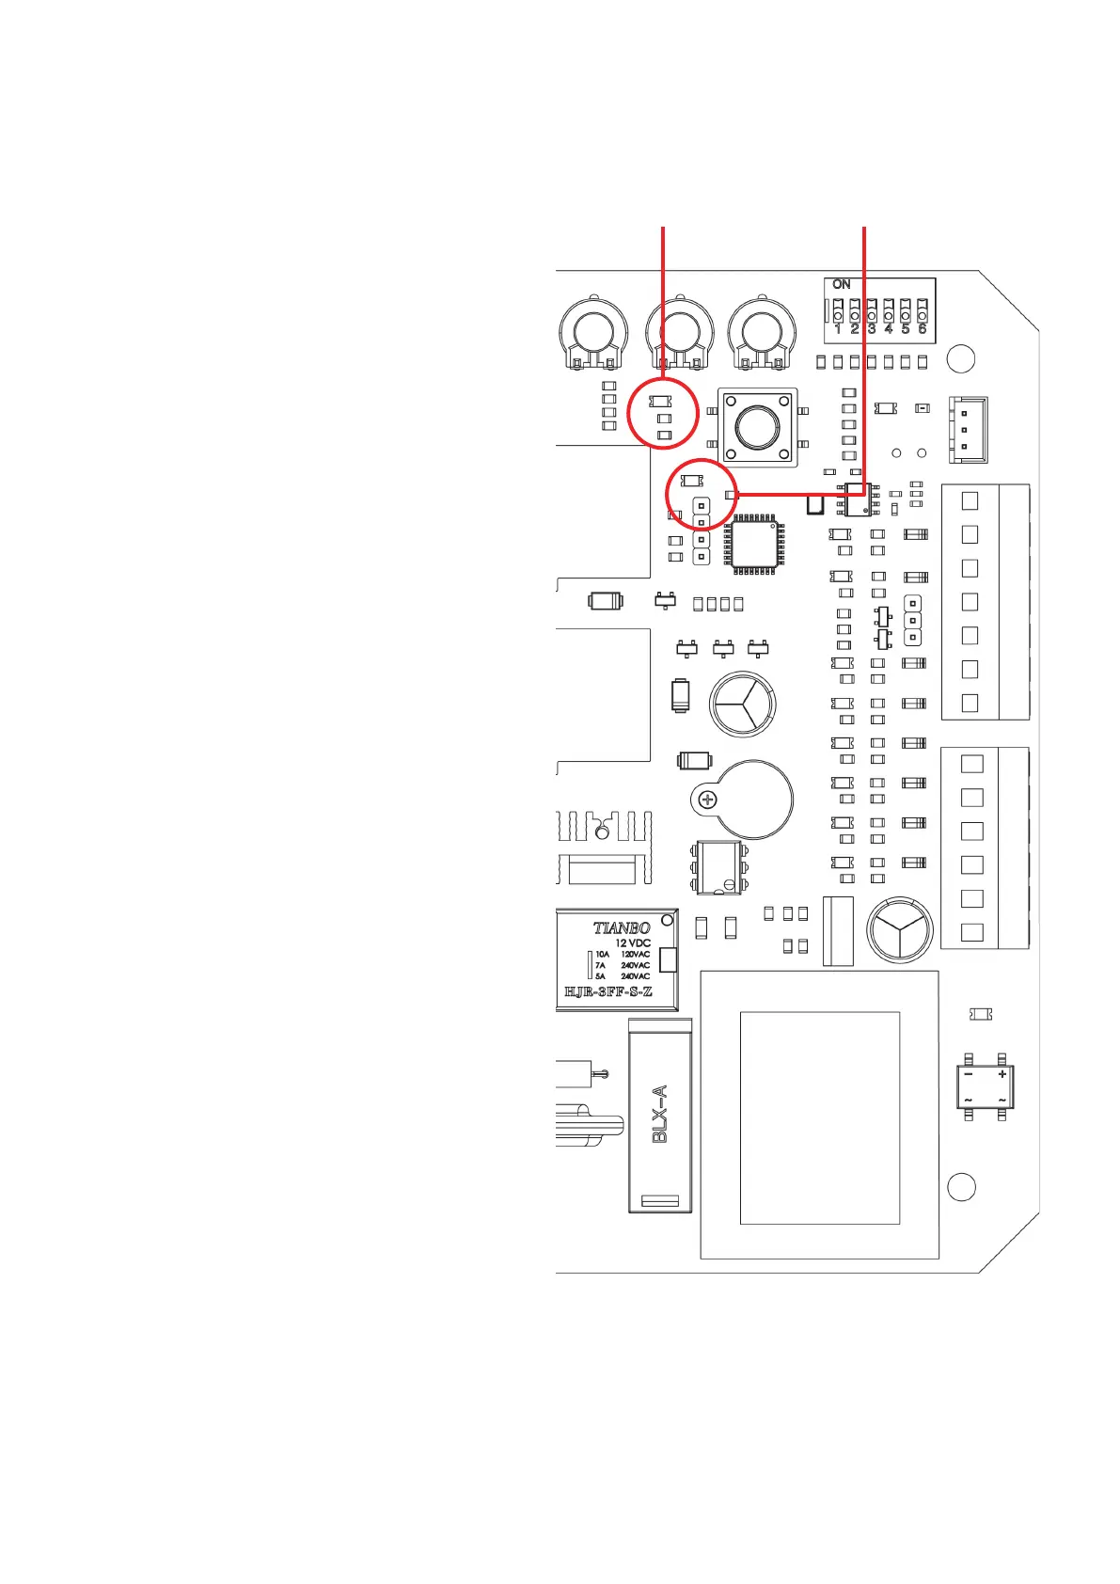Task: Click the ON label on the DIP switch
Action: click(x=841, y=284)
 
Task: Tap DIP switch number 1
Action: click(x=838, y=312)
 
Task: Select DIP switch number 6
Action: click(x=923, y=312)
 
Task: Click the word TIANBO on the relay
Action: click(x=621, y=927)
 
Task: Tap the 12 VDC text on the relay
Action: click(x=633, y=942)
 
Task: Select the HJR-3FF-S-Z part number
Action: click(x=607, y=992)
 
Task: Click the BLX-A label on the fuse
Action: click(x=660, y=1114)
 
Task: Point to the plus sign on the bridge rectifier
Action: click(x=1002, y=1074)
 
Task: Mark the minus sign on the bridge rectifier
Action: click(x=969, y=1074)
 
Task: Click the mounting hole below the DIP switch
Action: click(x=961, y=358)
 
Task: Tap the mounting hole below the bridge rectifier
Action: click(x=961, y=1187)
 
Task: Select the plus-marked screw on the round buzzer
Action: click(x=707, y=800)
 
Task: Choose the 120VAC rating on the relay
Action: click(x=636, y=955)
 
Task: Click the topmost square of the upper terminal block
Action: click(x=970, y=500)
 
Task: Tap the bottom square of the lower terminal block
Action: click(x=972, y=932)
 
